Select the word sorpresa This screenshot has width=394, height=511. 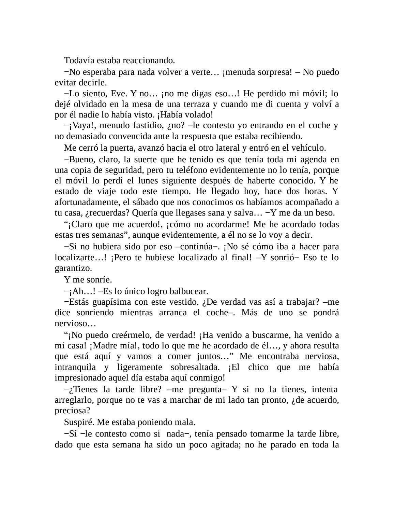pos(273,72)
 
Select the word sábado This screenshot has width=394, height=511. pos(147,202)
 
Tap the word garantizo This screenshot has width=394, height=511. pos(73,268)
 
